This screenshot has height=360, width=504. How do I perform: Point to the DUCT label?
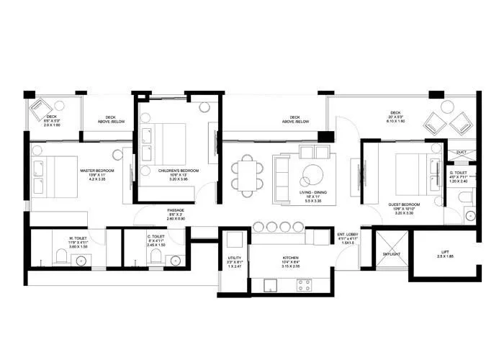[461, 152]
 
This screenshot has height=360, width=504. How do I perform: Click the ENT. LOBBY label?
[347, 234]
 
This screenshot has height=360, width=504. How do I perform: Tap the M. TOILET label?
[78, 238]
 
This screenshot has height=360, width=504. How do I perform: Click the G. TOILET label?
[458, 173]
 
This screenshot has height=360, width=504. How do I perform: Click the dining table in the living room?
[247, 175]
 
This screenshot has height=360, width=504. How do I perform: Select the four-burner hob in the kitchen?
[304, 284]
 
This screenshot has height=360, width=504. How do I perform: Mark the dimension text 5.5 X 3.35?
[300, 201]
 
